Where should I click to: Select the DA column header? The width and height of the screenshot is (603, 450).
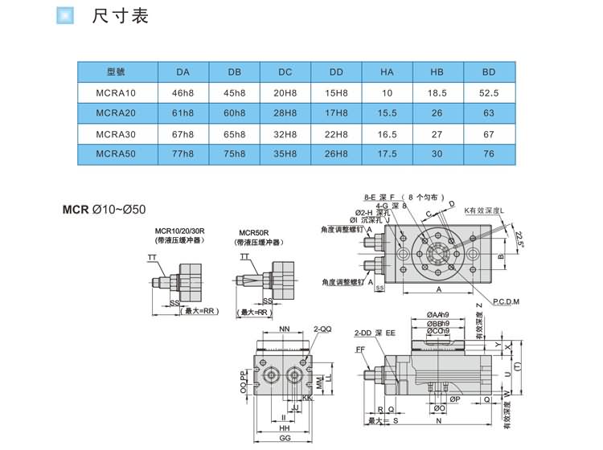pos(183,72)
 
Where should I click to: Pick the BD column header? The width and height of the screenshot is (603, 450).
pos(488,72)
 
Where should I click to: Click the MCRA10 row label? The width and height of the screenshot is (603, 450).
pos(116,92)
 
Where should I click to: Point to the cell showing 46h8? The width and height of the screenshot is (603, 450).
pos(183,92)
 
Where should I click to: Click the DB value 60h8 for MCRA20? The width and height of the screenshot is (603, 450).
pos(234,113)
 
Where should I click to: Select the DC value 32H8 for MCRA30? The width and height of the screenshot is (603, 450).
pos(285,134)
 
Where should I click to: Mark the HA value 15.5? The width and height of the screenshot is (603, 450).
pos(387,113)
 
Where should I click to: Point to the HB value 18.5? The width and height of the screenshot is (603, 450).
pos(437,92)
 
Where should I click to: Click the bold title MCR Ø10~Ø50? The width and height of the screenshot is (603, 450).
pos(104,211)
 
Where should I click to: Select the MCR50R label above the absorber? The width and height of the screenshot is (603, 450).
pos(253,231)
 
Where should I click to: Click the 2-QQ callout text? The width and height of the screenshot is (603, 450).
pos(322,329)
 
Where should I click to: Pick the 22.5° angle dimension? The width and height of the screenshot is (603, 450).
pos(519,239)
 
